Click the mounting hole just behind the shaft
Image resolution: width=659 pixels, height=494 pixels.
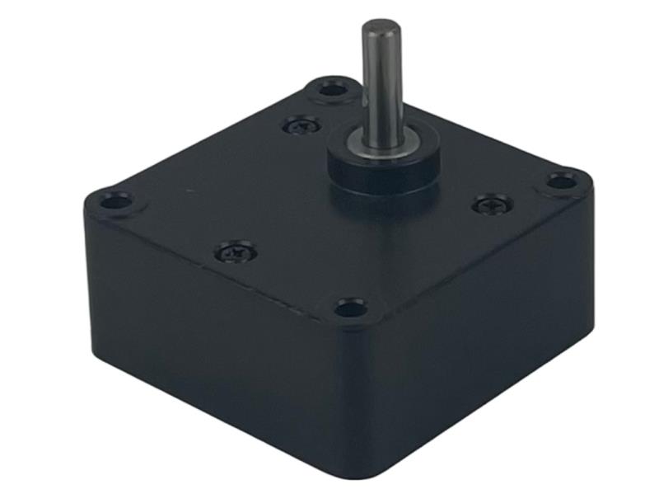tap(333, 87)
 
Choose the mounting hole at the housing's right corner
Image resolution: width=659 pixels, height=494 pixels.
tap(562, 181)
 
